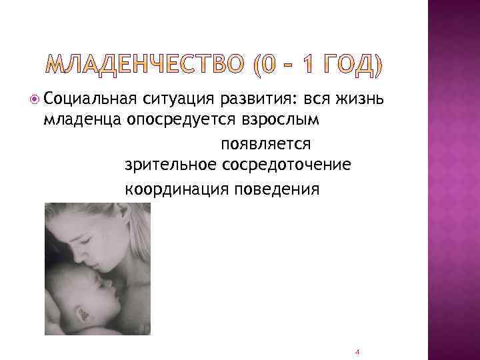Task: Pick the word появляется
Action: pyautogui.click(x=265, y=143)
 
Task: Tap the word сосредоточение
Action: pyautogui.click(x=284, y=165)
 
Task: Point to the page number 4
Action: pyautogui.click(x=357, y=351)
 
